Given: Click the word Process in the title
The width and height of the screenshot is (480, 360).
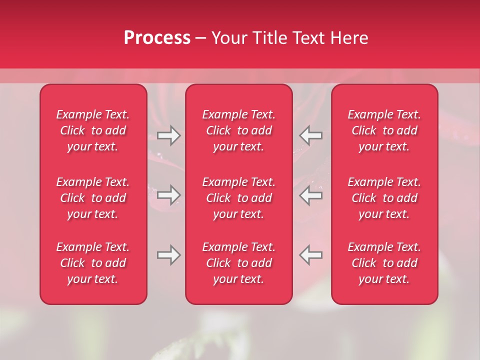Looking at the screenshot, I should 157,37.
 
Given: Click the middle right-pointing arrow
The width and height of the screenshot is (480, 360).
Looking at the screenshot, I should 168,195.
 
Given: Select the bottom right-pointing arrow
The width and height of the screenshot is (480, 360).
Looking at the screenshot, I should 168,255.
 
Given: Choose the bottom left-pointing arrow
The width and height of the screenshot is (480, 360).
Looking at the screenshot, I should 310,255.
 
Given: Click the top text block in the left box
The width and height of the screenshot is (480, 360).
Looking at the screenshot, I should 93,130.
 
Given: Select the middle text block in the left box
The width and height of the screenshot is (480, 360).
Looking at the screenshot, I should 93,198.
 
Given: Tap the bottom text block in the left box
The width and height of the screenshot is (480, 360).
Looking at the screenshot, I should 93,263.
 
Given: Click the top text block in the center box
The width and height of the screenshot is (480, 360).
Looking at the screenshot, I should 239,130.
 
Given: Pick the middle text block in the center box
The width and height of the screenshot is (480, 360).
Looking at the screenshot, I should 239,198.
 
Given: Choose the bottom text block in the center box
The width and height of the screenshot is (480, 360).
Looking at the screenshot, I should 239,263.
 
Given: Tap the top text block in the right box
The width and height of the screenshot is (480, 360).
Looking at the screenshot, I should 384,130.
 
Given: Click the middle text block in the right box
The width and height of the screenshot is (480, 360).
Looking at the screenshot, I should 384,198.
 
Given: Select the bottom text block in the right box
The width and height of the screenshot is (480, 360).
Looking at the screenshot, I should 384,263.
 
